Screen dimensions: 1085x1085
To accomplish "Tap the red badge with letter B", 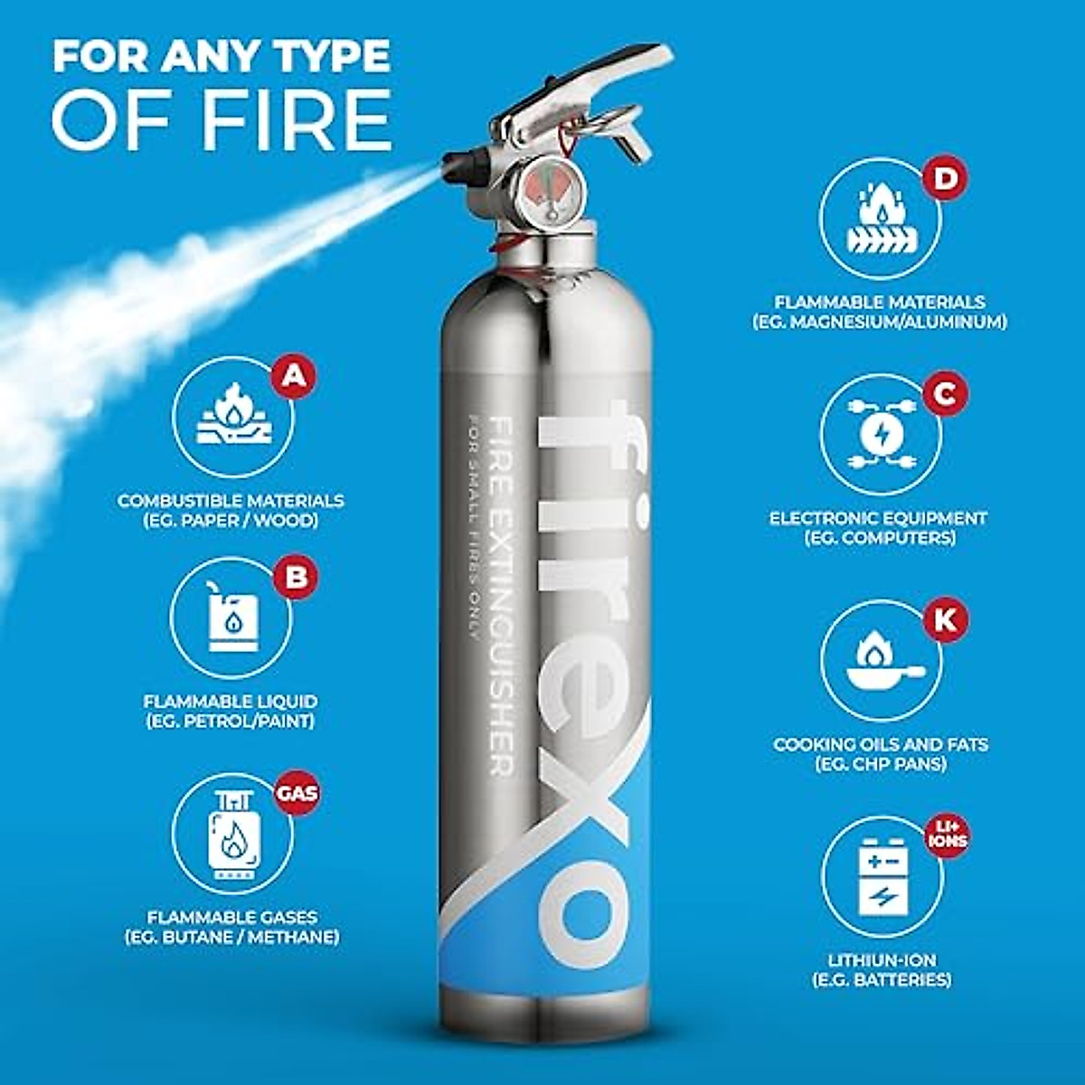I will point(296,576).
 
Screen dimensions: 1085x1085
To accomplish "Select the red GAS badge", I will point(297,793).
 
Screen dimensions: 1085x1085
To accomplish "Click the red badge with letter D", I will point(945,177).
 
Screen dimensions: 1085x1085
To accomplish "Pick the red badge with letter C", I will point(945,394).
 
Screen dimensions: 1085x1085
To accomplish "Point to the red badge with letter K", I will point(945,620).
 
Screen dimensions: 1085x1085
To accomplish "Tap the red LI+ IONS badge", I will point(946,835).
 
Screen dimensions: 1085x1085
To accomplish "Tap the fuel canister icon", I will point(231,618).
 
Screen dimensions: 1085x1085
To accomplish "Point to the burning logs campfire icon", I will point(232,417).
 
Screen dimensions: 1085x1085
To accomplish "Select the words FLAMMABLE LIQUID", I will point(231,701).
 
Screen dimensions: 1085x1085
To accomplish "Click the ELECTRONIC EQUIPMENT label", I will point(878,518).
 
